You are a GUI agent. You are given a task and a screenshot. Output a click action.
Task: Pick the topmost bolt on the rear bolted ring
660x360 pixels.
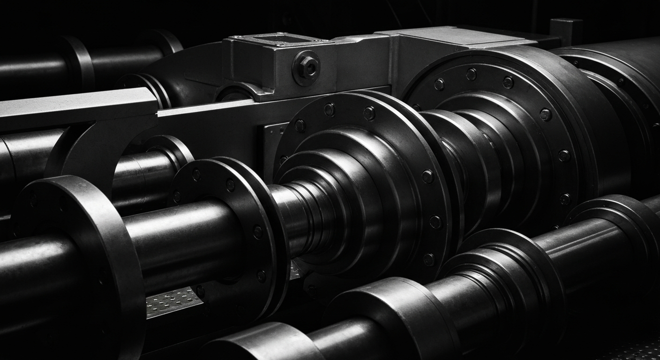point(472,74)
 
